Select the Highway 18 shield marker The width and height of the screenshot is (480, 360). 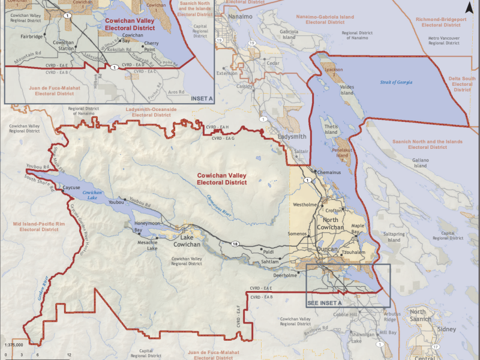233,243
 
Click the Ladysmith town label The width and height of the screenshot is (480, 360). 292,137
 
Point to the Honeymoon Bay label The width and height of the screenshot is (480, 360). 147,226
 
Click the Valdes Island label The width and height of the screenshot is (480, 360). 347,89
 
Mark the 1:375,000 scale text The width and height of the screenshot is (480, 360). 14,345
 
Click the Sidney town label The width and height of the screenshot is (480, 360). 450,330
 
